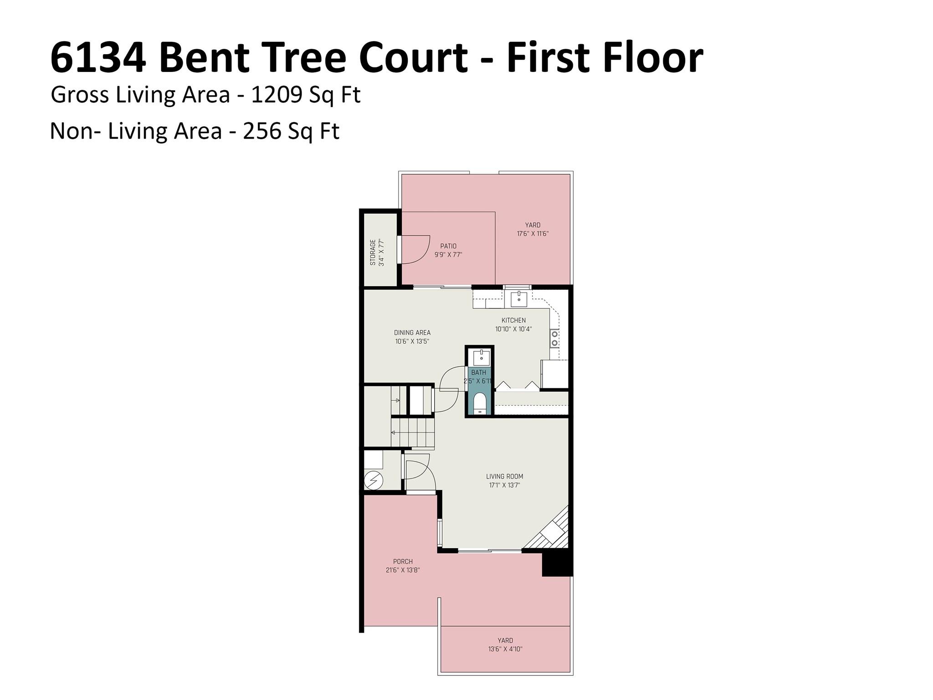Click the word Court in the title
coord(413,58)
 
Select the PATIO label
coord(448,246)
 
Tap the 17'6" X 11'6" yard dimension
coord(533,234)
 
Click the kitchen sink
coord(518,299)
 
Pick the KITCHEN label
coord(513,320)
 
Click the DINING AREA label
coord(412,333)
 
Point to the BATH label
coord(478,373)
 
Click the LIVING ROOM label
coord(504,477)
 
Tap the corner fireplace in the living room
coord(551,530)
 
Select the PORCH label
coord(403,561)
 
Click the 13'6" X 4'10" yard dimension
coord(505,649)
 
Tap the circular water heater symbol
coord(374,479)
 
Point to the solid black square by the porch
coord(557,564)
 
